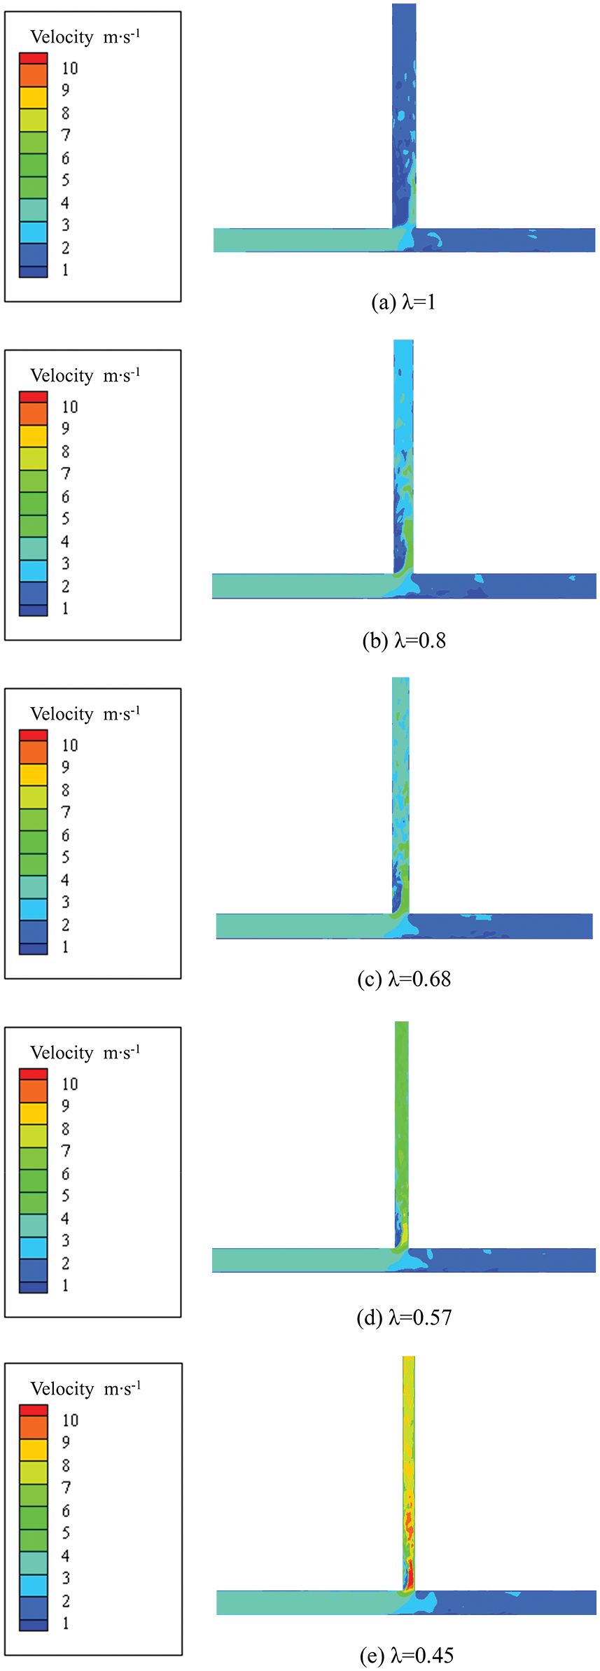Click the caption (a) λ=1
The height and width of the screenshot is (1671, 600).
403,302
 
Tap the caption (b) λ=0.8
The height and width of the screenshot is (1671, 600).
403,641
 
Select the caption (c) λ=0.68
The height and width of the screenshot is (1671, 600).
403,979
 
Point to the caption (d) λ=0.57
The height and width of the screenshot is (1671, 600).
403,1317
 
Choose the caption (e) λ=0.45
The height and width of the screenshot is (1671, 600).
406,1656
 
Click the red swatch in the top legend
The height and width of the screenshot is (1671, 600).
34,58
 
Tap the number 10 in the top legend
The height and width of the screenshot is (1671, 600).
69,69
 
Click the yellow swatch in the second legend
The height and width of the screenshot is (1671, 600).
34,436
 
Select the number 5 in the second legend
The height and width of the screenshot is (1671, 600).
65,519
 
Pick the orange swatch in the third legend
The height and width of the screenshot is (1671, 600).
34,752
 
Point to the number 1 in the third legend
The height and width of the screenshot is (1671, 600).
65,946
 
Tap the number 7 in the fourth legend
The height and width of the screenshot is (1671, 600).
65,1151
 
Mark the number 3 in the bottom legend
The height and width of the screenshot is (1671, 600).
65,1578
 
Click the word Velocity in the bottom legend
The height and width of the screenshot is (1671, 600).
62,1389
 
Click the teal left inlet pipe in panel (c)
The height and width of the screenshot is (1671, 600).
301,926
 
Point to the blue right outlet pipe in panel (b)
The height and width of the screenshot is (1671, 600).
504,586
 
